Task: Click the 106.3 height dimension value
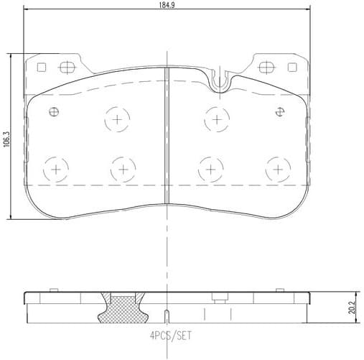(6, 137)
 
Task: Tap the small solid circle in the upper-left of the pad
(54, 111)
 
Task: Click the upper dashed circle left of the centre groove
(116, 119)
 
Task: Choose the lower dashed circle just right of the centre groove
(210, 169)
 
